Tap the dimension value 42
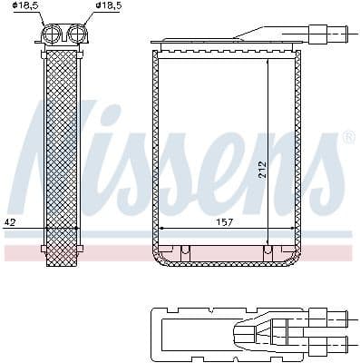pyautogui.click(x=10, y=221)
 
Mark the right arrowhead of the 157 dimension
pyautogui.click(x=293, y=229)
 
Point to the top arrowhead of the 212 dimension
pyautogui.click(x=268, y=63)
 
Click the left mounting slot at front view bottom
pyautogui.click(x=184, y=250)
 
